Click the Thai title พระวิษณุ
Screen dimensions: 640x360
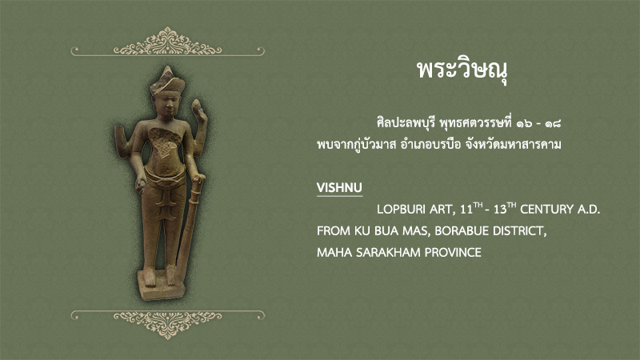pyautogui.click(x=462, y=70)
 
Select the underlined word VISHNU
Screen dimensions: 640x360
pyautogui.click(x=339, y=188)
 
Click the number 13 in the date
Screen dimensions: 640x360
pyautogui.click(x=499, y=210)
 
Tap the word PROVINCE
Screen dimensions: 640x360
pyautogui.click(x=453, y=252)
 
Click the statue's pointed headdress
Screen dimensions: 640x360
pyautogui.click(x=167, y=79)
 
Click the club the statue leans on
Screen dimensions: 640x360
pyautogui.click(x=189, y=229)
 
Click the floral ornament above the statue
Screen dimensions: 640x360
pyautogui.click(x=167, y=42)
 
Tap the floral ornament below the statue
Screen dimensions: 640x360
pyautogui.click(x=167, y=324)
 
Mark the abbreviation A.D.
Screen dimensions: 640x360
pyautogui.click(x=589, y=210)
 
